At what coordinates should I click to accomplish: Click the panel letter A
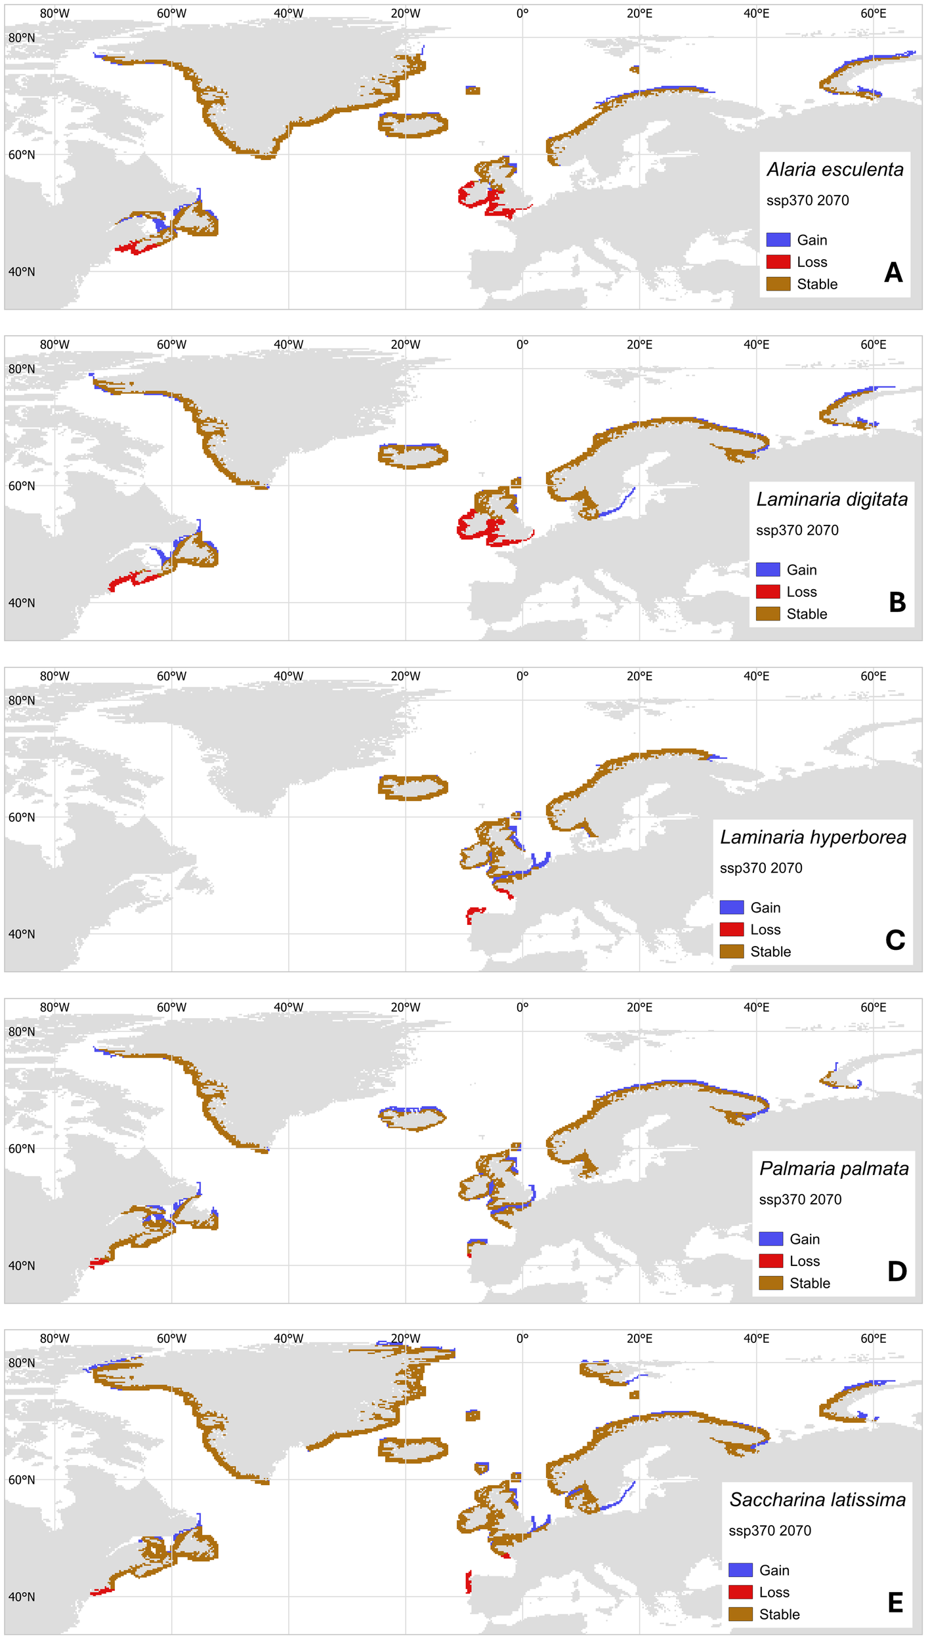(893, 272)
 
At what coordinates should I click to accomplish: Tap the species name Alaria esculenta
(835, 170)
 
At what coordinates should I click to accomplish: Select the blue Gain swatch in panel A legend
(778, 240)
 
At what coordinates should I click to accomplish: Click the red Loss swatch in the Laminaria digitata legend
(767, 592)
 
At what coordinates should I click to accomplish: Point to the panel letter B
(896, 602)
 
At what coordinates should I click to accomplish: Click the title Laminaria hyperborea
(812, 838)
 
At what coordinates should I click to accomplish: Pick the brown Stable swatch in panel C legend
(731, 951)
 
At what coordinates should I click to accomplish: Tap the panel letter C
(895, 940)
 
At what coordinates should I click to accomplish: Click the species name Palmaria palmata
(833, 1169)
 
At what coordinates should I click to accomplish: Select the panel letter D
(896, 1271)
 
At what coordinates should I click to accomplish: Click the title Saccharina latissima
(817, 1500)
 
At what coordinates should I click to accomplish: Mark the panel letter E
(895, 1603)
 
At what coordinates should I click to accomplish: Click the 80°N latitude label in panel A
(22, 38)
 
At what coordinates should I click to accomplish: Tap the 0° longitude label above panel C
(522, 676)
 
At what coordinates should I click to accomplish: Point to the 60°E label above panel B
(873, 345)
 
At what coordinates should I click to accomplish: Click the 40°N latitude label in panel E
(22, 1597)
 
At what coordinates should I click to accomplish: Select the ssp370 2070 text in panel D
(800, 1200)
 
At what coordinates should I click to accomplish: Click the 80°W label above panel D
(54, 1008)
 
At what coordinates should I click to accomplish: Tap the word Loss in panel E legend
(774, 1592)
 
